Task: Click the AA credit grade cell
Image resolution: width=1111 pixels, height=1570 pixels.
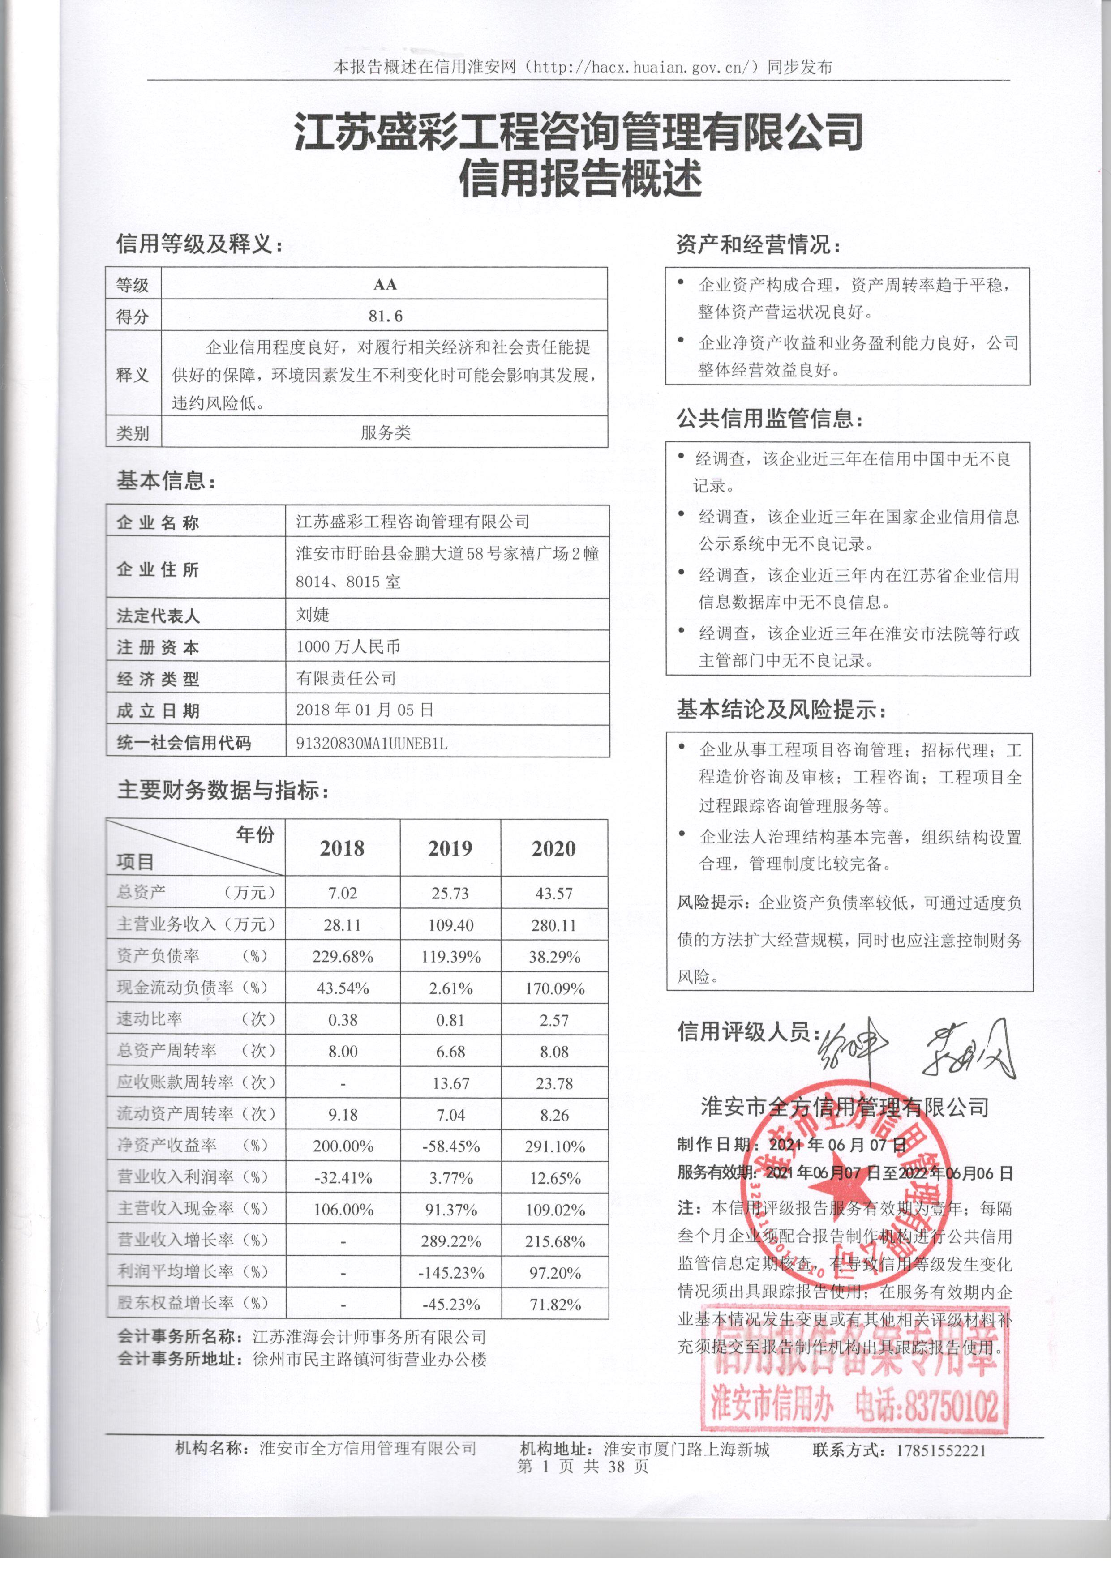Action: (x=385, y=284)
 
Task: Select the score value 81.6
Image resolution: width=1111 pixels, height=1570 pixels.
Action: (x=385, y=316)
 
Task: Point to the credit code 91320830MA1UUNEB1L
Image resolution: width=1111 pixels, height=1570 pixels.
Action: (x=372, y=743)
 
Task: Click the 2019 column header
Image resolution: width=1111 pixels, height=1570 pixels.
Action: (x=450, y=849)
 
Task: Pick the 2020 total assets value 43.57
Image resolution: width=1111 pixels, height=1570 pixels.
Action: (x=554, y=894)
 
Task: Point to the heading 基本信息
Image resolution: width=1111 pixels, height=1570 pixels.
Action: (x=166, y=481)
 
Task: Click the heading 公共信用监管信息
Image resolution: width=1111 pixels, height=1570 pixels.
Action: (x=769, y=419)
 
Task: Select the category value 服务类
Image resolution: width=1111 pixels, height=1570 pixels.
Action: (x=385, y=432)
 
